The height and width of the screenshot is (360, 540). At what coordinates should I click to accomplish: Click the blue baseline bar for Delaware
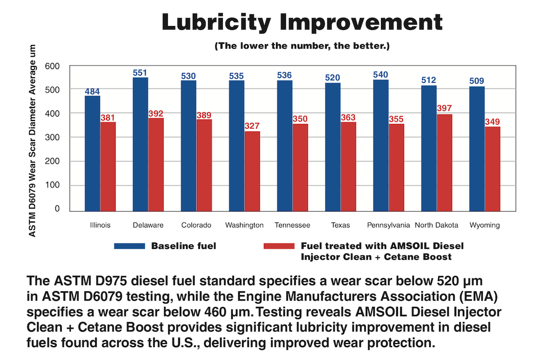140,144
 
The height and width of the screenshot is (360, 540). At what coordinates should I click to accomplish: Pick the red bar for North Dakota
444,162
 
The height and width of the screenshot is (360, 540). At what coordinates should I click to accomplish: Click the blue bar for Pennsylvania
381,145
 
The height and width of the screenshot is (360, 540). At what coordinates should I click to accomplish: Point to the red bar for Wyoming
492,168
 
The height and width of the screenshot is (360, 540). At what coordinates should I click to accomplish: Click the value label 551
140,72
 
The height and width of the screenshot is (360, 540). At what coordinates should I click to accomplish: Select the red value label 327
252,126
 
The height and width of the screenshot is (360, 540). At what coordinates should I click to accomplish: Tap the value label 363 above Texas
348,116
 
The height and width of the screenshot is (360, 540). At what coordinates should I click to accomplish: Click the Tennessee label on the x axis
292,225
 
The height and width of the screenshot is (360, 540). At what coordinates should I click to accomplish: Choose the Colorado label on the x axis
196,225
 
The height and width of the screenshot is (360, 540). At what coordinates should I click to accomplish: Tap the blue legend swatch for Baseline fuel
129,246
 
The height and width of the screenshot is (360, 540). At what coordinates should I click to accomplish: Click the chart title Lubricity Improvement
302,22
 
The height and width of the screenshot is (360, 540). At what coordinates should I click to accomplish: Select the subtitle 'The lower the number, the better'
302,46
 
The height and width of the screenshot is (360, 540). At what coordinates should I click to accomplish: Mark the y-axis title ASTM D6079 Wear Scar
32,140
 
